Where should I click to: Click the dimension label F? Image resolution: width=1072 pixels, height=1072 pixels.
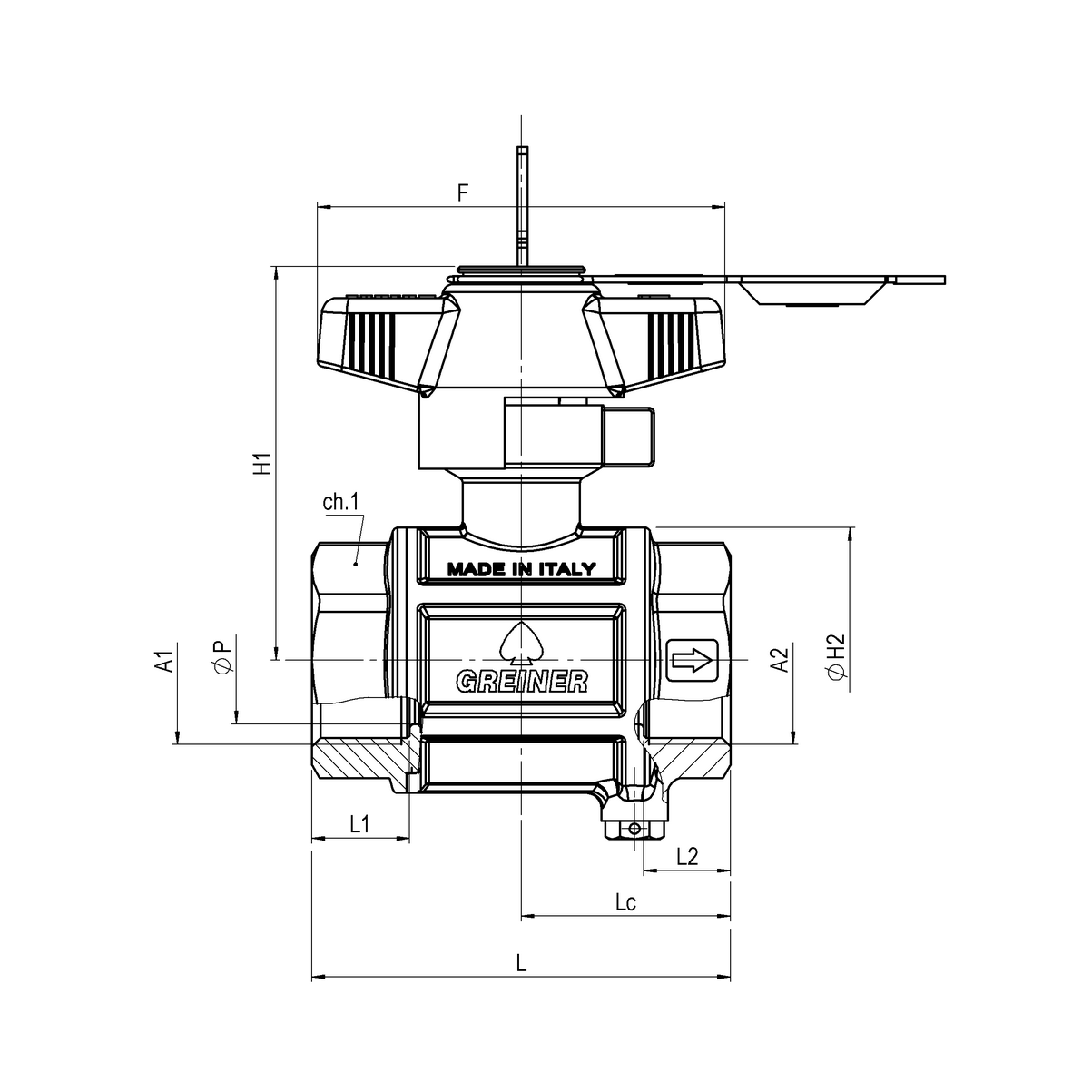click(x=463, y=192)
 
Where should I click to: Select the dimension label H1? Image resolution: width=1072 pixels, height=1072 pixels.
click(x=262, y=463)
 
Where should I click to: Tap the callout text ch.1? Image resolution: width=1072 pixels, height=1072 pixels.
click(x=341, y=503)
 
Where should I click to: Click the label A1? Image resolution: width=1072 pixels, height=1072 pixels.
click(x=164, y=662)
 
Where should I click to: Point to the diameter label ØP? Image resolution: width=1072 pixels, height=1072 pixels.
click(x=221, y=657)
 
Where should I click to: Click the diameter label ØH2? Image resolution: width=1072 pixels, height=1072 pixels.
click(x=836, y=656)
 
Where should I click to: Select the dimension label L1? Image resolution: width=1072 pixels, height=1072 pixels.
click(x=359, y=824)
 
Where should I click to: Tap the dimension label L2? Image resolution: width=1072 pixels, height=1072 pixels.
click(x=687, y=856)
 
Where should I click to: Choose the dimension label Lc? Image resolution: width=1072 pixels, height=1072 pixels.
click(x=625, y=902)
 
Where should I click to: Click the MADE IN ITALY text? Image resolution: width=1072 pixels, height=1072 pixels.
click(x=521, y=570)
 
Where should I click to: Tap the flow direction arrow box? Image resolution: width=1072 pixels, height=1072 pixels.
click(x=692, y=660)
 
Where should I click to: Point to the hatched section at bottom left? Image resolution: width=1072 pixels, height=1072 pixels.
click(x=359, y=761)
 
